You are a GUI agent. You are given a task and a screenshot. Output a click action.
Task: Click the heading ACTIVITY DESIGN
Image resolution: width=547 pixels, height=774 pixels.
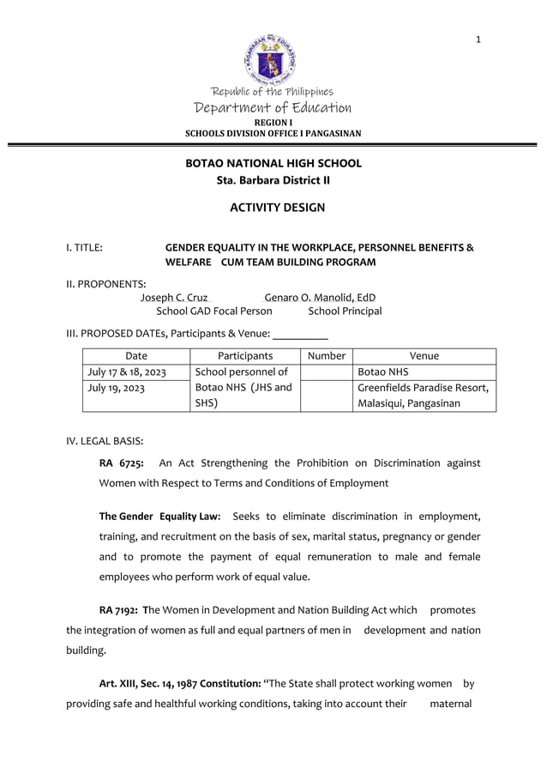point(278,208)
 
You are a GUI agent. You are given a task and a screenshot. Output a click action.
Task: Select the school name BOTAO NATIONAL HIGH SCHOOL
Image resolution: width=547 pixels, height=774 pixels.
point(273,163)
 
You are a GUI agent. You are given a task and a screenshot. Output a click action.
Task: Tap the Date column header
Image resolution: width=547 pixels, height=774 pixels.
point(136,356)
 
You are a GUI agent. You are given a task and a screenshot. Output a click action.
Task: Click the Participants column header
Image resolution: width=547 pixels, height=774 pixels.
point(245,356)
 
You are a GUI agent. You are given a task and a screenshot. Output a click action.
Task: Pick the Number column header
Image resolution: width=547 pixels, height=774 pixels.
point(326,356)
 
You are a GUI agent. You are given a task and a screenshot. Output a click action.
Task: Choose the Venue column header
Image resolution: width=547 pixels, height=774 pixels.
point(424,356)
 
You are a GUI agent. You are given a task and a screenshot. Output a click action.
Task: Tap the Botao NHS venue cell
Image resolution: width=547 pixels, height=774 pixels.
point(383,372)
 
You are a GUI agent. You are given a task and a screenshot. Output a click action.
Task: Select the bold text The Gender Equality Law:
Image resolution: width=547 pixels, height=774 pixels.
point(160,517)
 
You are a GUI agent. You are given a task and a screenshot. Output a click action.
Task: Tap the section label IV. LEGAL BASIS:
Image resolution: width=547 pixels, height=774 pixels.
point(105,441)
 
